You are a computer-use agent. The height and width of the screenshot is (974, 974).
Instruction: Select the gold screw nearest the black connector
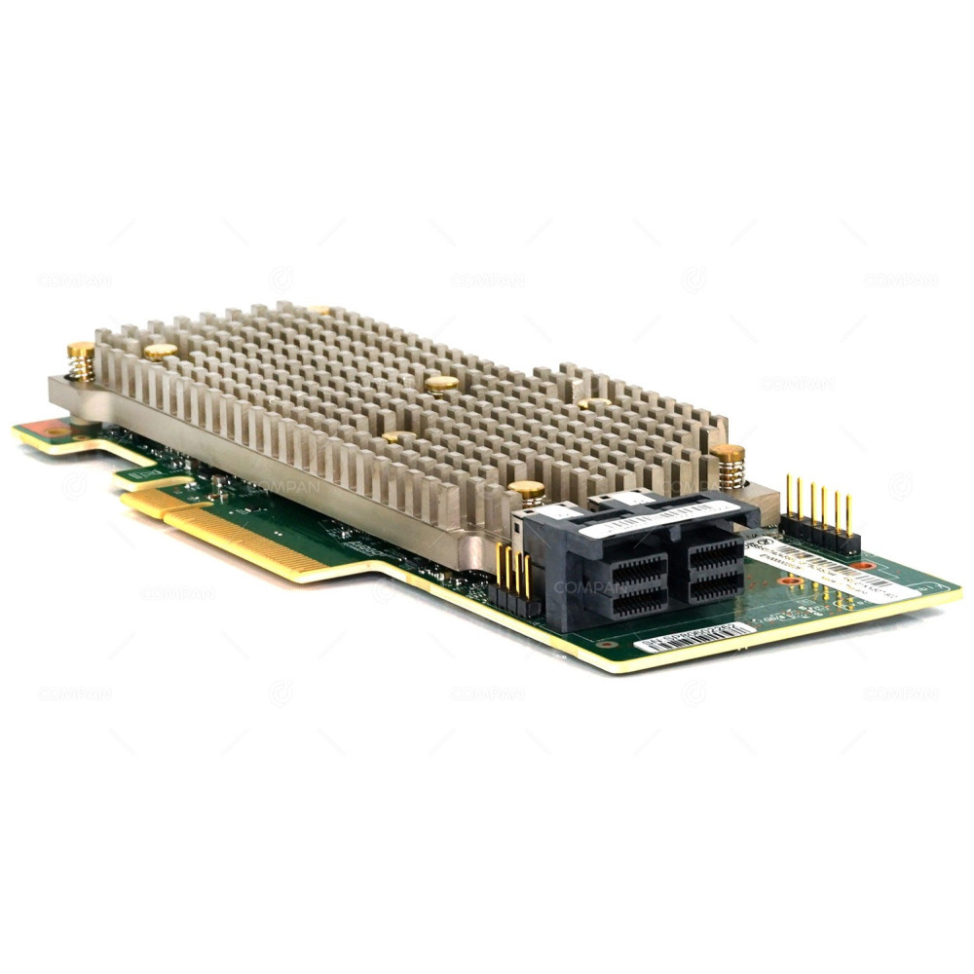[x=527, y=491]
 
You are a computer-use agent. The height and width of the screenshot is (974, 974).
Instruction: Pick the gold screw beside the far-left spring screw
[x=161, y=351]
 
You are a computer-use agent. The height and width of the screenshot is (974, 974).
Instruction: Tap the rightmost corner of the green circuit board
[x=959, y=588]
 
